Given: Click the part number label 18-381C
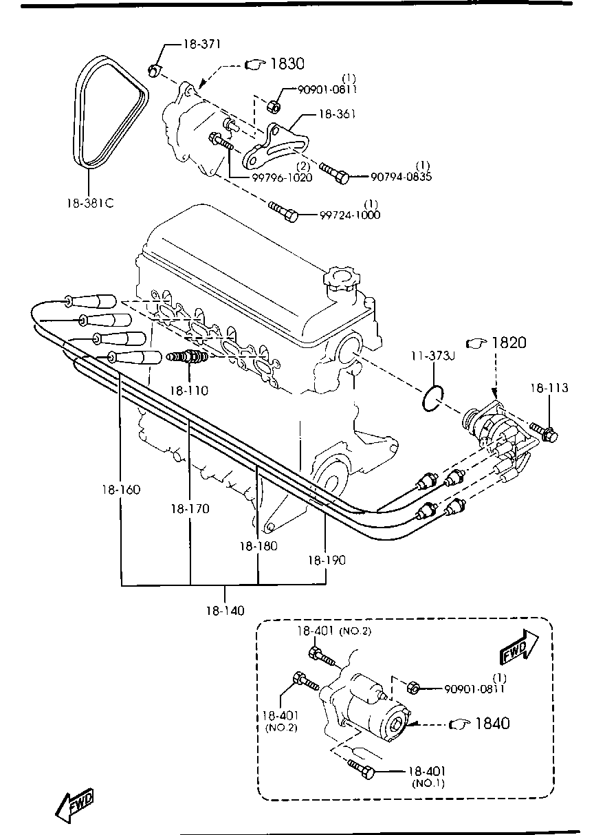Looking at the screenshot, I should [x=90, y=204].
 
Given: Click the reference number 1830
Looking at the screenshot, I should [x=287, y=64].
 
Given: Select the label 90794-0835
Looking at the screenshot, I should [x=401, y=177].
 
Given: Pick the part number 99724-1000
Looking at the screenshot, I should [x=350, y=215].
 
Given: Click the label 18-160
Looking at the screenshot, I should [x=122, y=490].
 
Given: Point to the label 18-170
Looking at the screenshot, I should [x=190, y=509].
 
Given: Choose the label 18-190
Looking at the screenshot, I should [x=326, y=560].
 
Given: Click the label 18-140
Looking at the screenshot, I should [x=225, y=610].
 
